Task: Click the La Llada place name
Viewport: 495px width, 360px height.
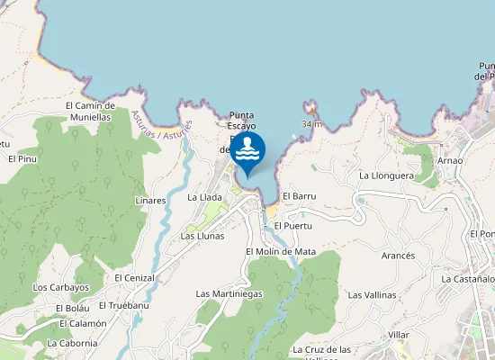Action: (204, 196)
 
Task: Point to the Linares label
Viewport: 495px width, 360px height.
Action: (150, 200)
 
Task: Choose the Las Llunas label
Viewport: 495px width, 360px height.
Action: (202, 236)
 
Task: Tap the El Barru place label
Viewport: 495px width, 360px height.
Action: (298, 195)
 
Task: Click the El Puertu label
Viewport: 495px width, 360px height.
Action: (292, 225)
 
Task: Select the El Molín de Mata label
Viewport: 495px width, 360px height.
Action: (281, 251)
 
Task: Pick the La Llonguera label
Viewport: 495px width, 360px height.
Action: (386, 175)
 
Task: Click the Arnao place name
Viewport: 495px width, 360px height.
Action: (449, 160)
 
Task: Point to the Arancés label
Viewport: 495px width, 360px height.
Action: (398, 256)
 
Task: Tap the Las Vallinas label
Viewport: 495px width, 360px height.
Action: (372, 294)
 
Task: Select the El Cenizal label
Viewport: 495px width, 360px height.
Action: (135, 278)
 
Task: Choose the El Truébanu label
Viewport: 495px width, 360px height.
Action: (125, 305)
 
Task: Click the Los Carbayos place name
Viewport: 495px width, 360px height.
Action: (61, 287)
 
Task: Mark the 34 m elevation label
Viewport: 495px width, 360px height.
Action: (311, 123)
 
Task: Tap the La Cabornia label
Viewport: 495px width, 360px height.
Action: (72, 343)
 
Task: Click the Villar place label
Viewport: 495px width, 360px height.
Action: (399, 334)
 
